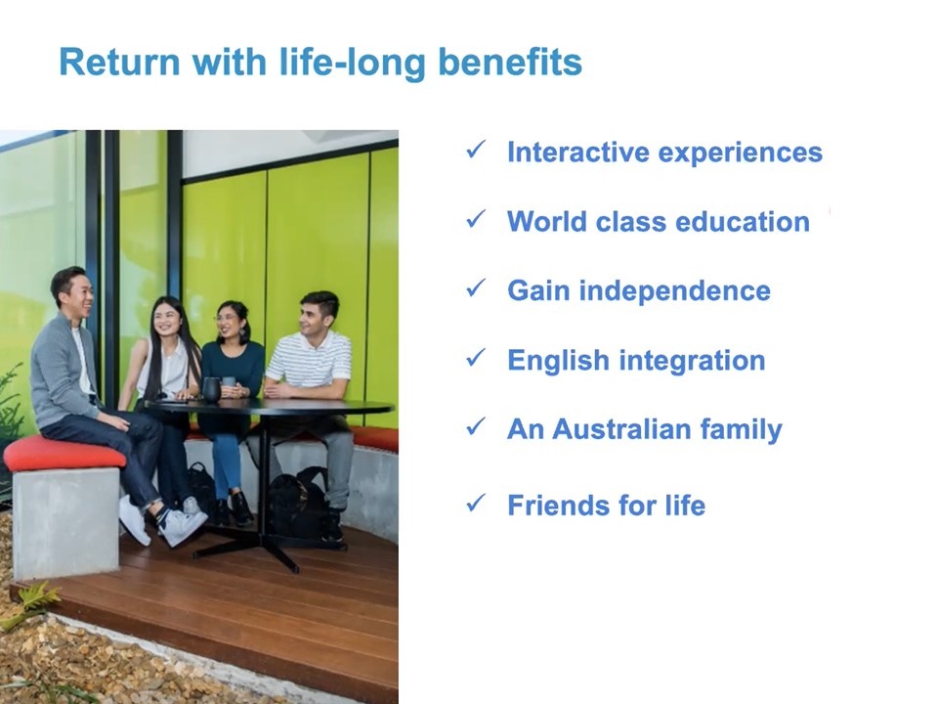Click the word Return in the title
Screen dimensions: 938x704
[x=119, y=62]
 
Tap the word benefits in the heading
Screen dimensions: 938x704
[x=510, y=62]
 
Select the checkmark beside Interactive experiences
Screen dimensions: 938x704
[x=476, y=150]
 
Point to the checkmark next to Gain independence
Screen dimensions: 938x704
[x=476, y=287]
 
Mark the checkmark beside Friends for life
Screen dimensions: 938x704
[x=476, y=503]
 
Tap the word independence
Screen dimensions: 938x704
[x=675, y=291]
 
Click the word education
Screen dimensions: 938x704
[x=743, y=222]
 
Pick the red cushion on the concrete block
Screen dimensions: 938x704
[x=64, y=454]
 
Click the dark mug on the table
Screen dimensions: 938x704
[x=211, y=390]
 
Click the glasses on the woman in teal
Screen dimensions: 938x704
[x=228, y=318]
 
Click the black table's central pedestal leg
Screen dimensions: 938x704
[x=262, y=479]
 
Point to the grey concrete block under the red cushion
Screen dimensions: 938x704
[x=65, y=522]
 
